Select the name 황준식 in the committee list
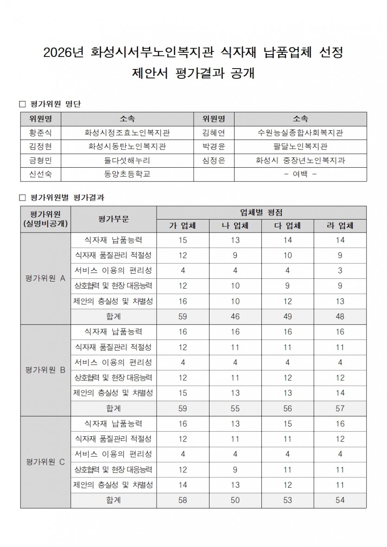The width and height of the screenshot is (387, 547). point(41,132)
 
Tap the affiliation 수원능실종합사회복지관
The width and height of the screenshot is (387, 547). point(300,132)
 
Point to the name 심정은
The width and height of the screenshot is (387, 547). point(214,160)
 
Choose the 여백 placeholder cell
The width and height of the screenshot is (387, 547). point(300,174)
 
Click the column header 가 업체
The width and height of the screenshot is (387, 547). point(183,226)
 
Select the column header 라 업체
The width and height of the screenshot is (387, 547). point(340,226)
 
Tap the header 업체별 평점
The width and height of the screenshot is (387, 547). point(261,213)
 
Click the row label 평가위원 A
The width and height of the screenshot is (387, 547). point(45,278)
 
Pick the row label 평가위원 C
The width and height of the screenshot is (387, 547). point(45,462)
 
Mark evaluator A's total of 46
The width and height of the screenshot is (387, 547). point(235,317)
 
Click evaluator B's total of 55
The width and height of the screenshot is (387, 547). point(235,409)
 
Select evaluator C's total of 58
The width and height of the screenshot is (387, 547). point(183,500)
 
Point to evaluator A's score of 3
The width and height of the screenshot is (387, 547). point(340,270)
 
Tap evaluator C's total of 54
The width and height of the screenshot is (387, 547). point(340,500)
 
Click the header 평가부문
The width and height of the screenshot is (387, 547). point(114,219)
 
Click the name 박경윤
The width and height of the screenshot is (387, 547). point(214,146)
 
